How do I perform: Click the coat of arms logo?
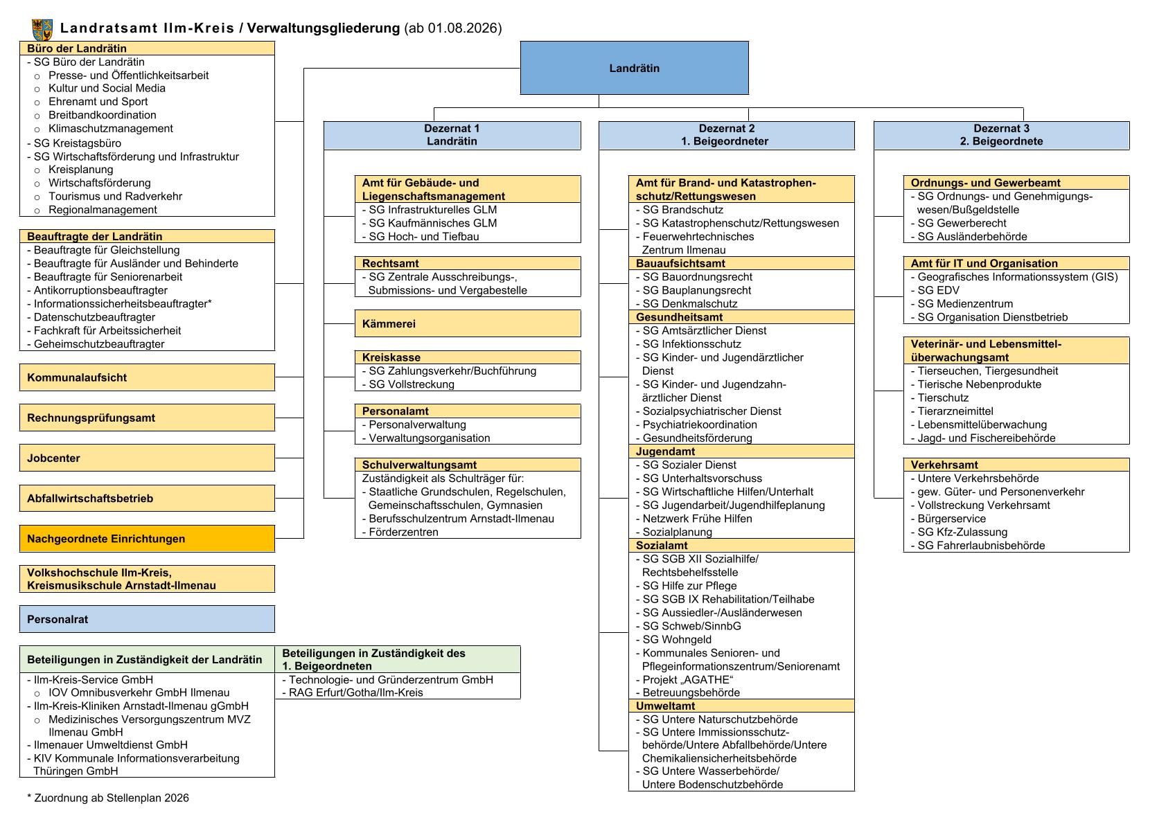pyautogui.click(x=42, y=30)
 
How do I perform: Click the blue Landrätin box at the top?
pyautogui.click(x=634, y=68)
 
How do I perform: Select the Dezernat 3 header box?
pyautogui.click(x=1002, y=135)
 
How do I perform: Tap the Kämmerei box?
pyautogui.click(x=468, y=323)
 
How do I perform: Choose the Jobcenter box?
pyautogui.click(x=148, y=458)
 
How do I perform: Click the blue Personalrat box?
pyautogui.click(x=148, y=619)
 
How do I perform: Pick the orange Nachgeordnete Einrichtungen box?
pyautogui.click(x=148, y=539)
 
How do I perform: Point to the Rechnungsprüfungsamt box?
pyautogui.click(x=148, y=418)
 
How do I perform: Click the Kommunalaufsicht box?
pyautogui.click(x=148, y=377)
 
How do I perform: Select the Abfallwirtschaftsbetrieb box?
pyautogui.click(x=148, y=499)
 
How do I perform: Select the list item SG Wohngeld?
pyautogui.click(x=673, y=639)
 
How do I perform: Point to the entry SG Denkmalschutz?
pyautogui.click(x=687, y=303)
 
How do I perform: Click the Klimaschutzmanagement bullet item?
pyautogui.click(x=110, y=129)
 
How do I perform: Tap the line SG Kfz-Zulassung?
pyautogui.click(x=959, y=532)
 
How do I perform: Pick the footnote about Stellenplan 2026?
pyautogui.click(x=108, y=798)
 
